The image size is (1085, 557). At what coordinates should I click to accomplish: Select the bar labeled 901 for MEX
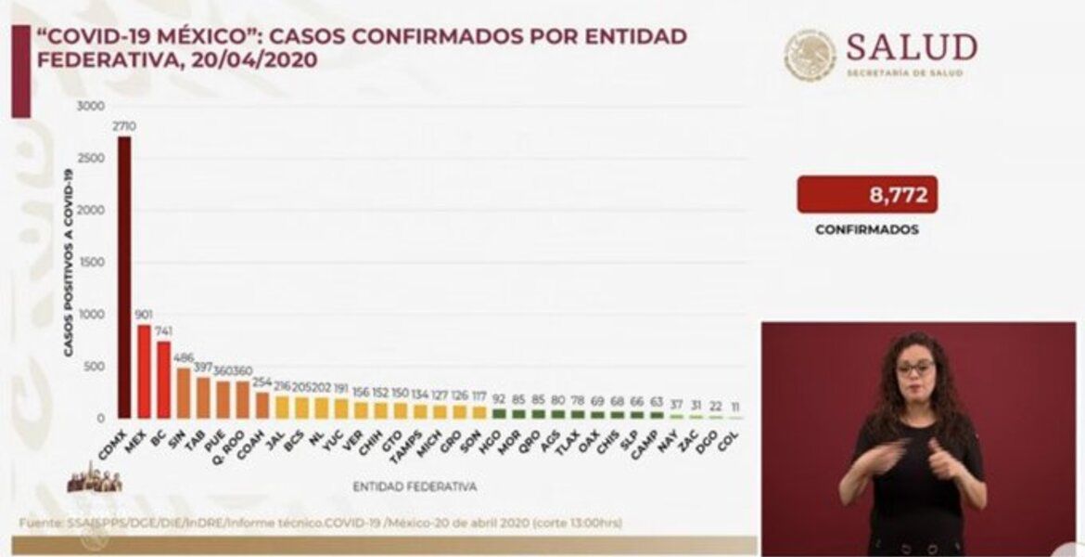coord(144,371)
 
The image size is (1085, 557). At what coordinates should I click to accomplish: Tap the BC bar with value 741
coord(163,380)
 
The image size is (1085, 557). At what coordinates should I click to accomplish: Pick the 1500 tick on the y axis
coord(92,263)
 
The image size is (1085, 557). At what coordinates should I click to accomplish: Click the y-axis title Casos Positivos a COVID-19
coord(69,255)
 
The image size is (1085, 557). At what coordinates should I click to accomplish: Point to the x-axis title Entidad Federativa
coord(415,486)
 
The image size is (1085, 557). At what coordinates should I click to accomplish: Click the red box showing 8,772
coord(866,195)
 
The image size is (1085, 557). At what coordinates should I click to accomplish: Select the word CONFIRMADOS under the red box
coord(866,228)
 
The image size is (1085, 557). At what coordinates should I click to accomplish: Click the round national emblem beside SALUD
coord(810,55)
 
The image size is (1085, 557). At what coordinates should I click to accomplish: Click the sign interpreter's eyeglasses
coord(915,368)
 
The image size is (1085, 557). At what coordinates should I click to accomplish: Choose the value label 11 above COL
coord(734,408)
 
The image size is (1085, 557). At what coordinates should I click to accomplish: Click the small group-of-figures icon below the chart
coord(95,481)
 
